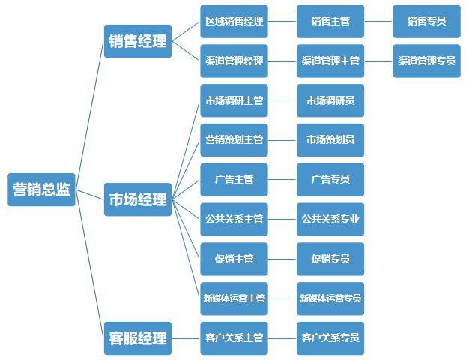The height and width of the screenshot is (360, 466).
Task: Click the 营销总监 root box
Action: coord(41,190)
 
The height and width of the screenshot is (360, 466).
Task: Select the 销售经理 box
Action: coord(138,41)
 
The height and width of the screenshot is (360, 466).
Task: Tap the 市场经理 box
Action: coord(138,199)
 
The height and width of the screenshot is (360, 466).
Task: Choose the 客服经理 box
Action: coord(138,337)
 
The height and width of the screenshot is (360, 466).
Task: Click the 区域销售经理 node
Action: coord(234,21)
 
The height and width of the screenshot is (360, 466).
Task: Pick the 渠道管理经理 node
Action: coord(234,61)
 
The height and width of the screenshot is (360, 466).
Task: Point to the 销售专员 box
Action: coord(426,21)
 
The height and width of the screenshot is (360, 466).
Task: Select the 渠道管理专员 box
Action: coord(426,61)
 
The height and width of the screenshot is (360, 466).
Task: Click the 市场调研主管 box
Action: coord(234,100)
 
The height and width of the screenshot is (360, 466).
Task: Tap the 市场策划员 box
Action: coord(330,140)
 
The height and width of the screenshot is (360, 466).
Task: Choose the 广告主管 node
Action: coord(234,180)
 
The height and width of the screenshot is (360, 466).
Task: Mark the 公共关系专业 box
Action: coord(330,220)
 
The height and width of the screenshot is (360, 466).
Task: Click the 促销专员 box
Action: coord(330,259)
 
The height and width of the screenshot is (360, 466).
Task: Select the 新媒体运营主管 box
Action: coord(234,298)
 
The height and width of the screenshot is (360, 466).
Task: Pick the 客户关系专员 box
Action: coord(330,337)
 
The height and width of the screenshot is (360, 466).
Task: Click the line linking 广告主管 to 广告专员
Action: coord(282,180)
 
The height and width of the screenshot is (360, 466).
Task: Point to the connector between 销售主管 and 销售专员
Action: coord(378,21)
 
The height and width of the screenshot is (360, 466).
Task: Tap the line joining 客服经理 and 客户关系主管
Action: coord(186,337)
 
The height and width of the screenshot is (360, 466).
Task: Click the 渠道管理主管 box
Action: coord(330,61)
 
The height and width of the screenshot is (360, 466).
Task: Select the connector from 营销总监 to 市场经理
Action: coord(90,195)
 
